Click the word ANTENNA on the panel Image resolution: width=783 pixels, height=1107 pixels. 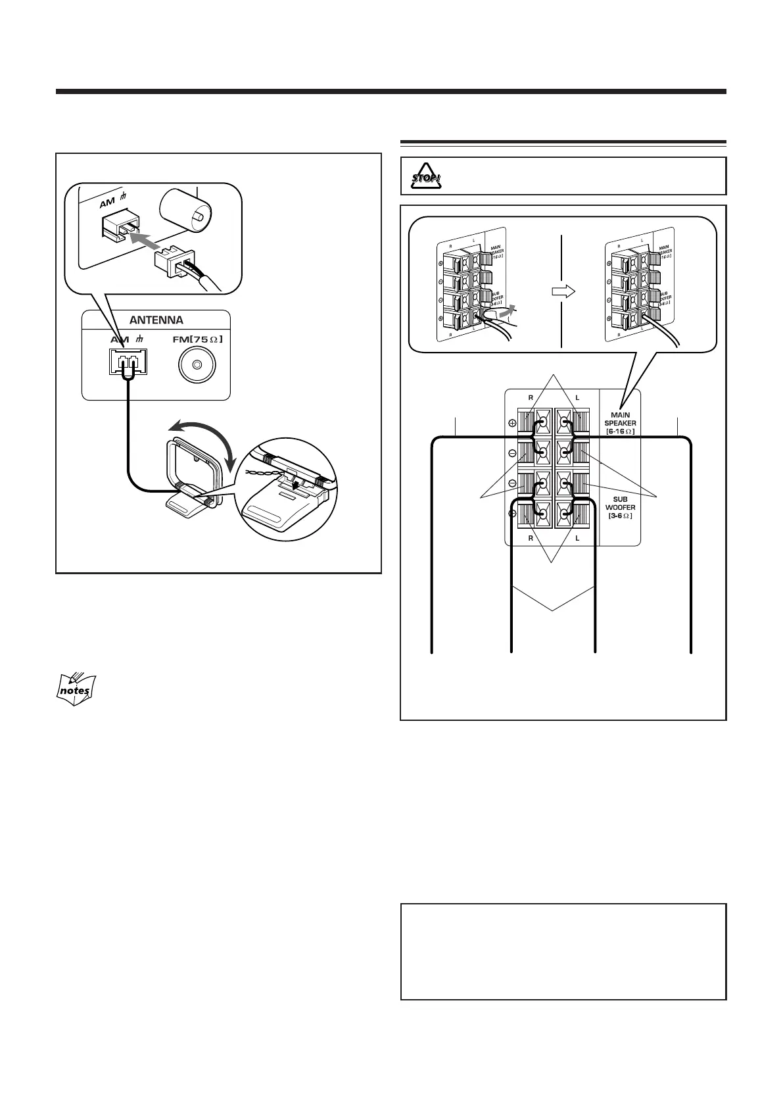pyautogui.click(x=156, y=320)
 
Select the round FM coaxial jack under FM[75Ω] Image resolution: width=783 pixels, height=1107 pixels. pyautogui.click(x=195, y=366)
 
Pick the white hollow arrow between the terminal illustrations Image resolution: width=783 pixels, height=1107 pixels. pyautogui.click(x=563, y=290)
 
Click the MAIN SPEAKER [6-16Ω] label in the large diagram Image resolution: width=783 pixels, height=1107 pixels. pyautogui.click(x=620, y=423)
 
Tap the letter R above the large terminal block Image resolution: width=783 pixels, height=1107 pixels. pyautogui.click(x=531, y=398)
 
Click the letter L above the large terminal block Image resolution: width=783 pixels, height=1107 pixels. pyautogui.click(x=577, y=398)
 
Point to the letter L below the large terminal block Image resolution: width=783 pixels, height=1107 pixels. pyautogui.click(x=577, y=538)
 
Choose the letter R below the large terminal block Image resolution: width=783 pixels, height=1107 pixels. pyautogui.click(x=531, y=538)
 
